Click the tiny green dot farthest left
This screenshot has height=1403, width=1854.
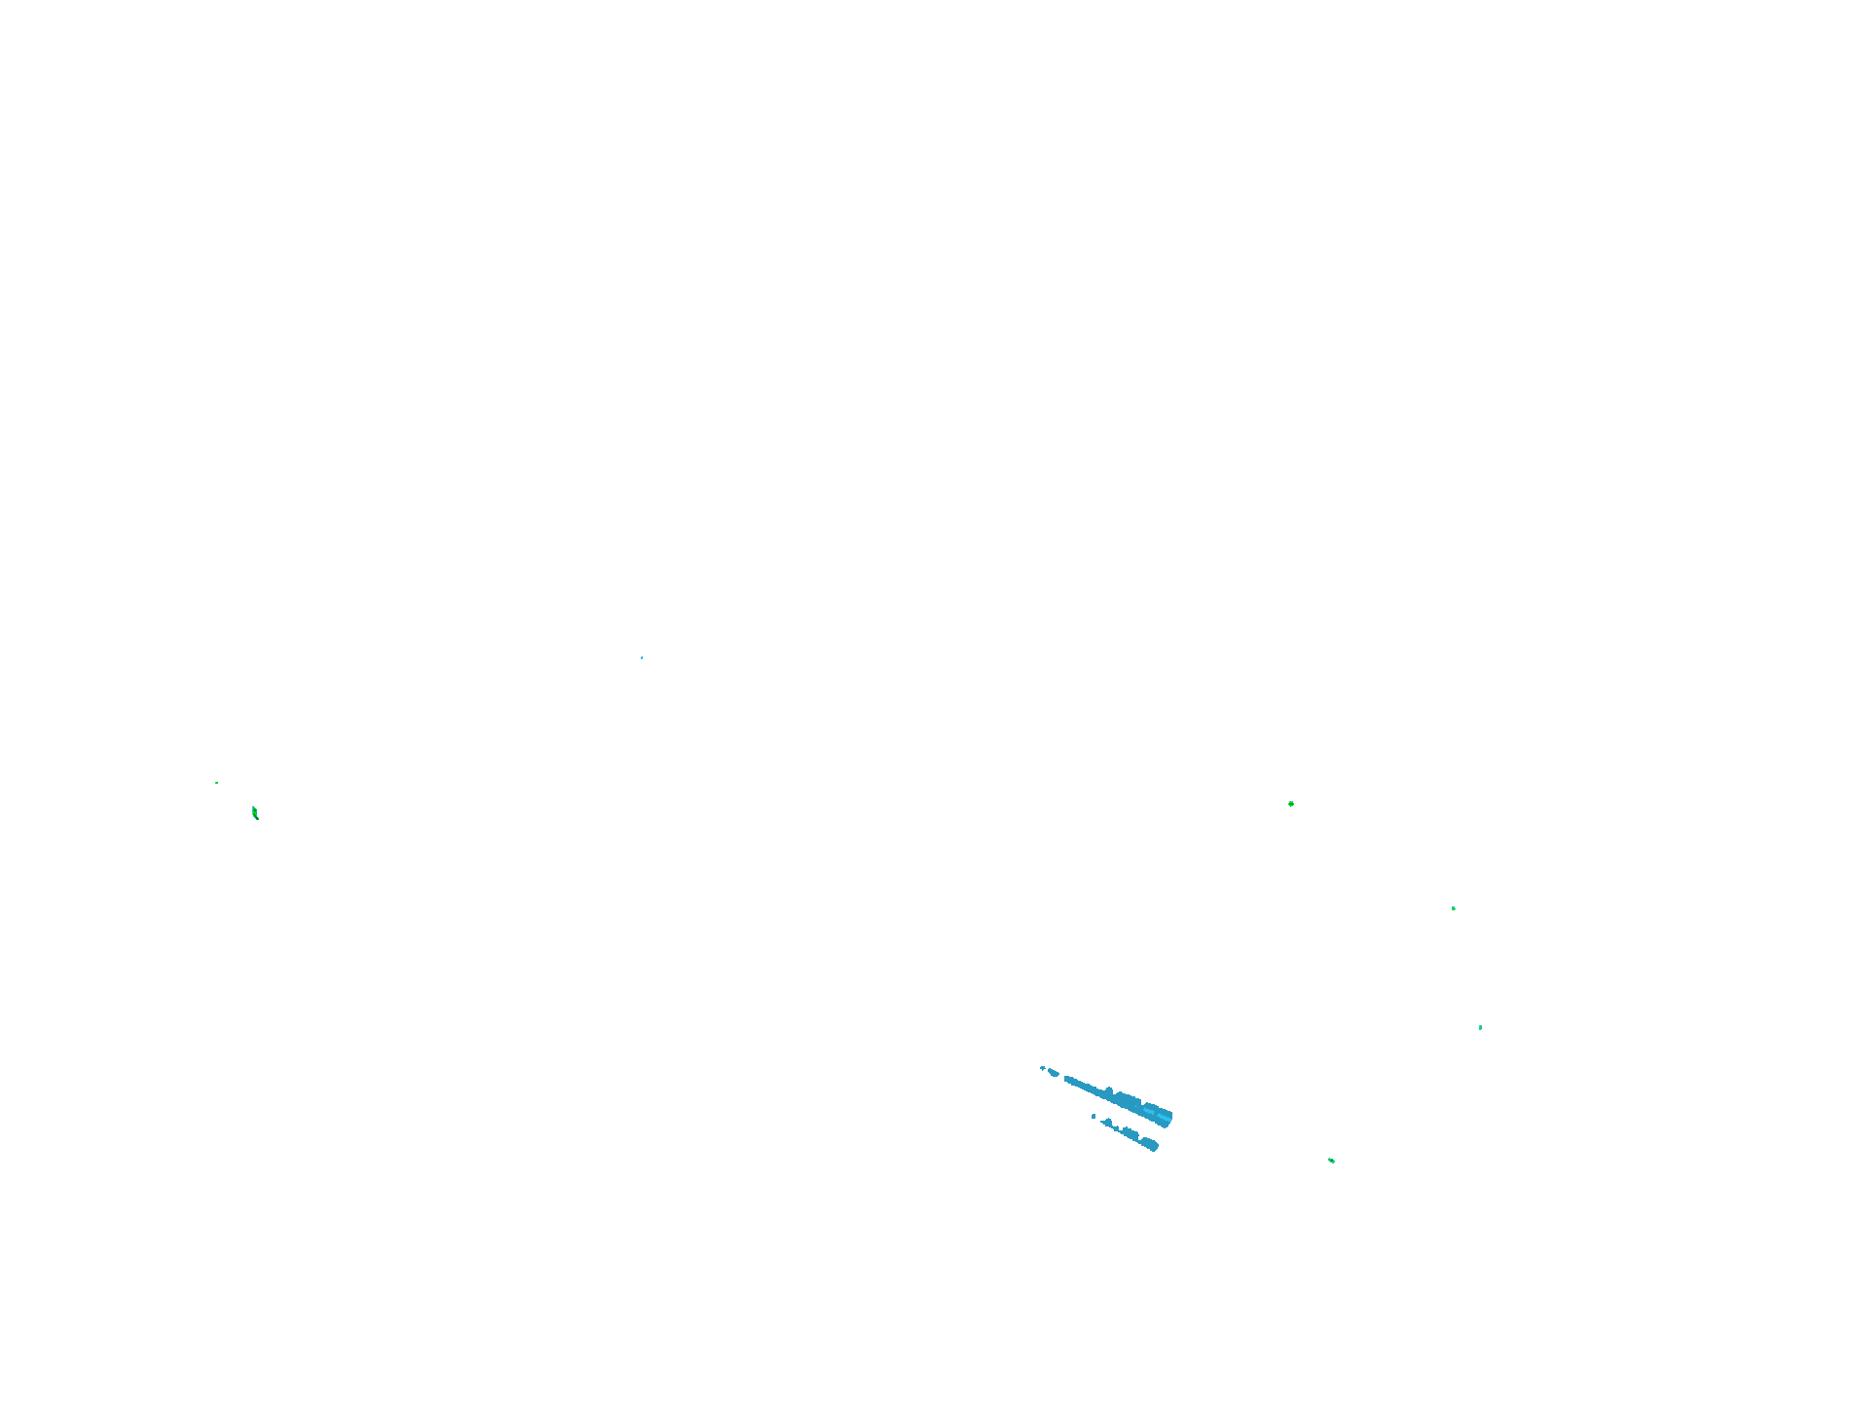pyautogui.click(x=216, y=783)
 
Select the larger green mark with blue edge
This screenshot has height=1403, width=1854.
pyautogui.click(x=254, y=812)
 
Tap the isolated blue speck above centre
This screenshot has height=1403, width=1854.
pyautogui.click(x=642, y=658)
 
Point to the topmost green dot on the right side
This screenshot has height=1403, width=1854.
pyautogui.click(x=1291, y=804)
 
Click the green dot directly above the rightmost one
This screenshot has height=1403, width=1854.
pyautogui.click(x=1454, y=908)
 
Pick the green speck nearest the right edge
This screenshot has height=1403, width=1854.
pyautogui.click(x=1481, y=1027)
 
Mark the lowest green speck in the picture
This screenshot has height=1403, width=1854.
pyautogui.click(x=1331, y=1161)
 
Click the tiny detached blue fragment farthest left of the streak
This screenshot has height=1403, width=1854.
pyautogui.click(x=1042, y=1068)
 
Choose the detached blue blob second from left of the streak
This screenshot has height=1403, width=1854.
pyautogui.click(x=1053, y=1072)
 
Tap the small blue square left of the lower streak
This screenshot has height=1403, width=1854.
pyautogui.click(x=1094, y=1116)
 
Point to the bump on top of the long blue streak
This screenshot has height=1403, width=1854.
pyautogui.click(x=1109, y=1089)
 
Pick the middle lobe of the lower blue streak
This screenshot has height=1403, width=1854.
pyautogui.click(x=1130, y=1132)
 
